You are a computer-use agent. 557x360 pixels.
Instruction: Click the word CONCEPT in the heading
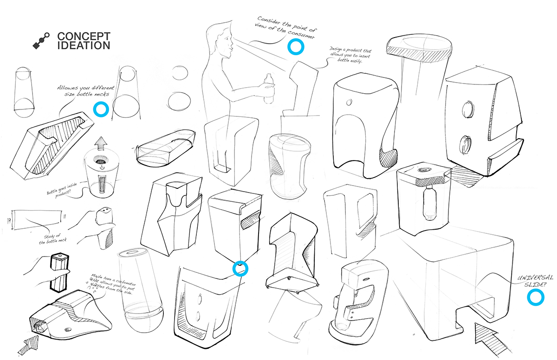click(84, 36)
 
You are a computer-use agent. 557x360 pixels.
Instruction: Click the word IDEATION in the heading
click(84, 45)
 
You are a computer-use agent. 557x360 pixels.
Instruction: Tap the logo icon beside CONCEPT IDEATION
click(41, 41)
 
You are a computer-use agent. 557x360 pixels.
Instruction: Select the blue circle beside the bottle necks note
click(100, 109)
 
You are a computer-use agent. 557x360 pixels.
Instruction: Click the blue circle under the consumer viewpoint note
click(295, 46)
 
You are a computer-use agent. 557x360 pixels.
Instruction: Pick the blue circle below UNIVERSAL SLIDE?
click(536, 298)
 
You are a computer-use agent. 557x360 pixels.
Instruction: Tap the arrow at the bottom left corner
click(26, 344)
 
